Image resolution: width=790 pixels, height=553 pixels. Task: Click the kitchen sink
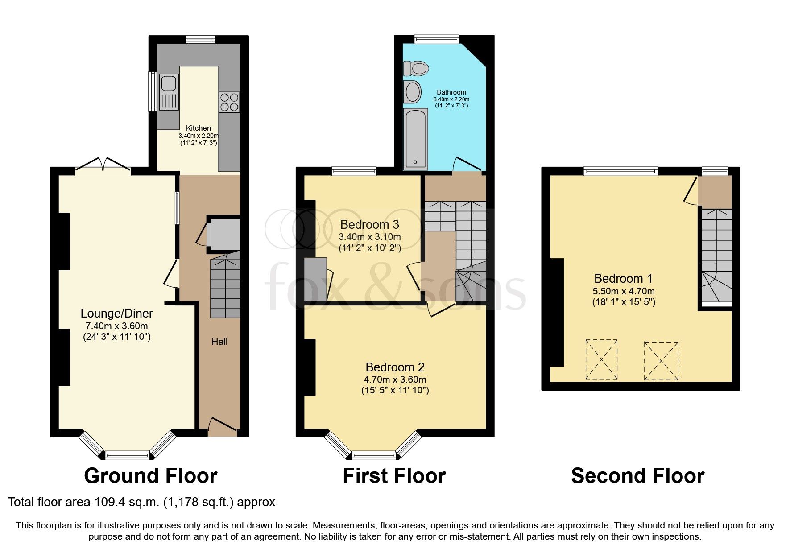(169, 91)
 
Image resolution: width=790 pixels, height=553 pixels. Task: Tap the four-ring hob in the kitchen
(229, 102)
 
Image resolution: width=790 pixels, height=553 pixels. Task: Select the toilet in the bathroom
(416, 69)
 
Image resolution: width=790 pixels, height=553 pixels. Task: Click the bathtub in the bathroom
(415, 139)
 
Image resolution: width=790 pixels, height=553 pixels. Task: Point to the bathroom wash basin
(413, 92)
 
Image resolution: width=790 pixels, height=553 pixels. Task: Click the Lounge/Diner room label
(116, 314)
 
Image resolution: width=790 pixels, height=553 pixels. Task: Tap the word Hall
(219, 342)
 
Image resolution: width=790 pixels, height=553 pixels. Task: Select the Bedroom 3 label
(369, 225)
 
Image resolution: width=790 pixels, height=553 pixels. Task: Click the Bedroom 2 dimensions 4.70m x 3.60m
(395, 380)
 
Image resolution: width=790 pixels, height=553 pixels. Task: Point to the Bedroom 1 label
(623, 279)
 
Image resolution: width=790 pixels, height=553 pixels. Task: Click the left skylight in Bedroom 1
(601, 359)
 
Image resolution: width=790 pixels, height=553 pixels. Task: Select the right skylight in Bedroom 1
(661, 361)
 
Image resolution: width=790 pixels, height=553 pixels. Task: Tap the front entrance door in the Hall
(222, 426)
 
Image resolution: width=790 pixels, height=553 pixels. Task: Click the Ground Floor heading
(151, 476)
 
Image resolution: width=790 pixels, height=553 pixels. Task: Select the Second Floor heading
(637, 476)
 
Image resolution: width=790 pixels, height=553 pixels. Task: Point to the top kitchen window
(200, 40)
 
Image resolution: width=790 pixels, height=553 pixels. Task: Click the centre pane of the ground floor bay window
(128, 455)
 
